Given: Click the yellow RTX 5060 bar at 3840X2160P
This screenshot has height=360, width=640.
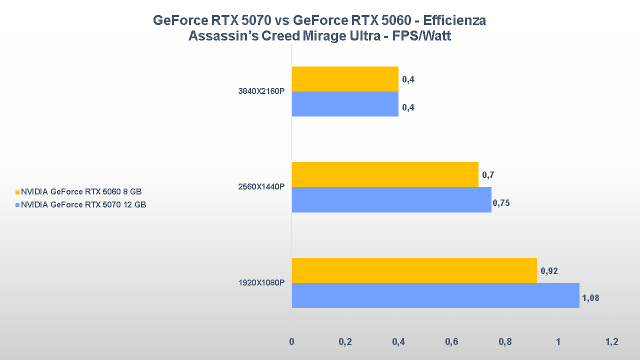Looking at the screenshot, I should point(345,79).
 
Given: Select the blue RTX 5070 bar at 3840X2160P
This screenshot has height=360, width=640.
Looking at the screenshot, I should point(345,104).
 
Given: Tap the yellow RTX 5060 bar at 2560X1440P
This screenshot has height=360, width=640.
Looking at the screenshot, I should point(385,174).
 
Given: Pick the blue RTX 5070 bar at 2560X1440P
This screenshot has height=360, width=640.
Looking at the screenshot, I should point(391,199).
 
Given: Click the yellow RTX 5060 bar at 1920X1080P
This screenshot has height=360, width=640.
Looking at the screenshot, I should point(414,270).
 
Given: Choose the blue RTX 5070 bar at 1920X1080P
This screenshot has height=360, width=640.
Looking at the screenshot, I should point(435,295).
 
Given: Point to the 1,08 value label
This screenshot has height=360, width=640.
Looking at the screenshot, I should point(590,298).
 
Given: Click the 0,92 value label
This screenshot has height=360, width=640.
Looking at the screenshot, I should point(549,271).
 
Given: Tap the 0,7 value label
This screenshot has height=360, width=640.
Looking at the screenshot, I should point(488,175).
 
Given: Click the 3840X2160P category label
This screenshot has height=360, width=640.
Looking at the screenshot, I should point(261,92).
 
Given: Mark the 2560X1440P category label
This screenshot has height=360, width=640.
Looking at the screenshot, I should point(261,187).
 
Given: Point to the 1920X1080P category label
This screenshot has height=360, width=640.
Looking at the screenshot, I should point(261,283).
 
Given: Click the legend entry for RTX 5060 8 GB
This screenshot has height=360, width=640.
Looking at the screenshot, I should point(82,191).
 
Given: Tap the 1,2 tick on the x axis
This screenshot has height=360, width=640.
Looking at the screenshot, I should point(611,342).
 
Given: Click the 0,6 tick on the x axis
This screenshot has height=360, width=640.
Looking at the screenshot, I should point(451,342).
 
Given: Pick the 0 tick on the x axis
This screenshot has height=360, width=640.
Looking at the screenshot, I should point(291,342).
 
